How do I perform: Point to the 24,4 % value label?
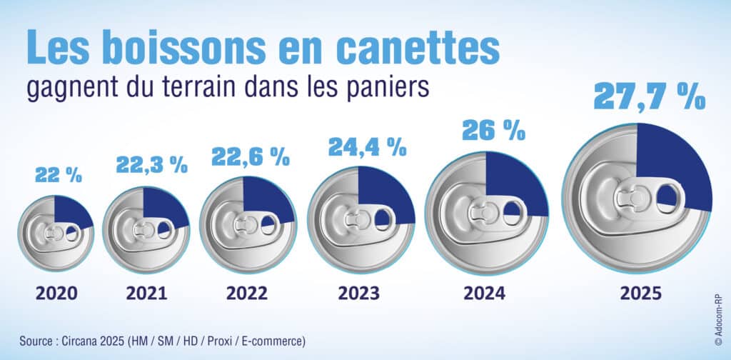tap(367, 147)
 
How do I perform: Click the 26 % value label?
tap(493, 131)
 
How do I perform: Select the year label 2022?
tap(247, 294)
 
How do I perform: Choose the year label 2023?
tap(361, 294)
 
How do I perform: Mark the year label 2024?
tap(485, 294)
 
